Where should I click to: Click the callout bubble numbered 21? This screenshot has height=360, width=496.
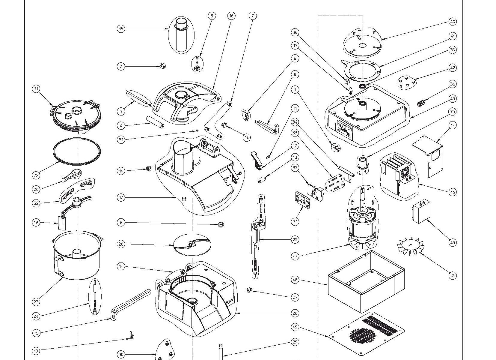(37, 89)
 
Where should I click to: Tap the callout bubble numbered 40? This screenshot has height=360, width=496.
(453, 22)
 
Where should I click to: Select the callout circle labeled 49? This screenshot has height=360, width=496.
(295, 327)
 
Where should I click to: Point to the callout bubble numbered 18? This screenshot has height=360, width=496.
(121, 29)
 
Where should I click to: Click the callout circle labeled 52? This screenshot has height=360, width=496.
(36, 203)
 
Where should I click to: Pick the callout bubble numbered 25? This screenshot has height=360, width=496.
(295, 239)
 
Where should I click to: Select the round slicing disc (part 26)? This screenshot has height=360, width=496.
(192, 245)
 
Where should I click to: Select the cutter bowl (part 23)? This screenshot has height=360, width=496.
(77, 255)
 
